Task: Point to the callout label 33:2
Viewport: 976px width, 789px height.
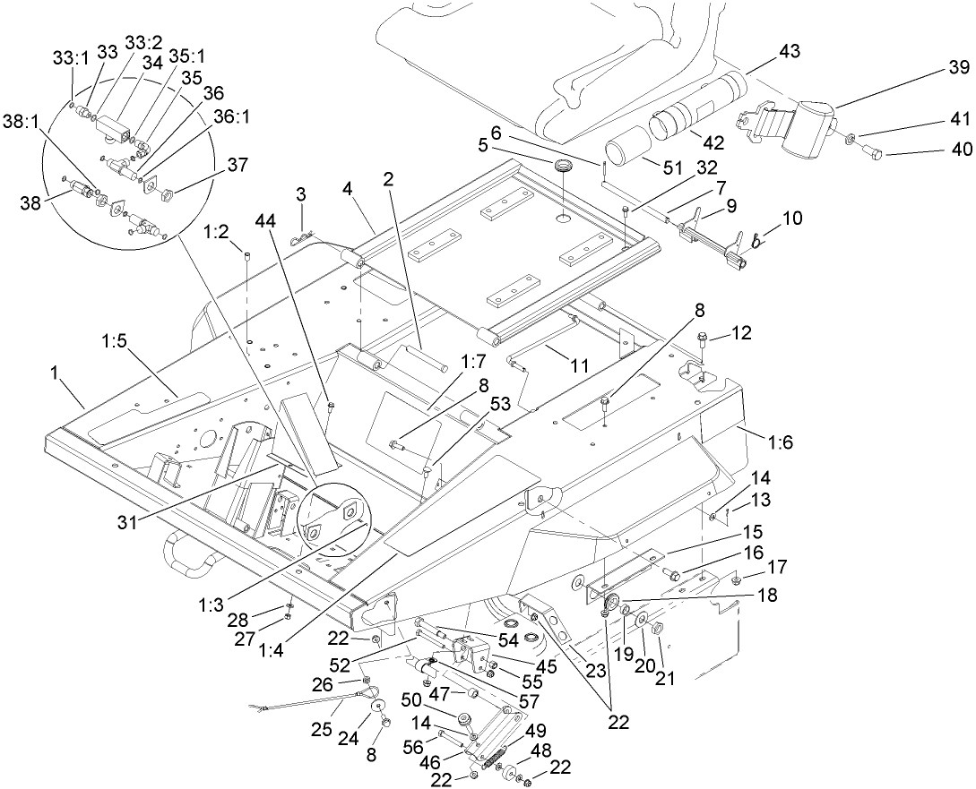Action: click(x=139, y=42)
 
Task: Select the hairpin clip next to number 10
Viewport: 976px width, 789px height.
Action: click(x=757, y=240)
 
